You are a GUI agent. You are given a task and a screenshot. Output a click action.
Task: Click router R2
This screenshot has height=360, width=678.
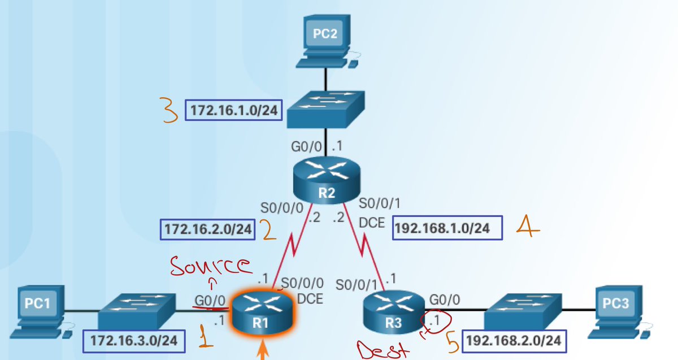pyautogui.click(x=327, y=180)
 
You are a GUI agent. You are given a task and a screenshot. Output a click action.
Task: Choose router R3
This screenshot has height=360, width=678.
pyautogui.click(x=392, y=313)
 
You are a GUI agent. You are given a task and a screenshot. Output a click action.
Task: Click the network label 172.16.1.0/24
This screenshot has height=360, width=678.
pyautogui.click(x=233, y=110)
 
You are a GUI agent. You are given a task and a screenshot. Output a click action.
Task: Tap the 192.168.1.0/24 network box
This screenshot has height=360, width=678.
pyautogui.click(x=442, y=229)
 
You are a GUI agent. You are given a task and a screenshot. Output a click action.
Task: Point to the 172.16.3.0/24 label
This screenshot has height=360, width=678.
pyautogui.click(x=134, y=341)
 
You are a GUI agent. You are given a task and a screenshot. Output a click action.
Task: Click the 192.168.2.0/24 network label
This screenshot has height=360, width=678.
pyautogui.click(x=513, y=341)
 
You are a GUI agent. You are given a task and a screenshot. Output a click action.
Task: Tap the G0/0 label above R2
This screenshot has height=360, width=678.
pyautogui.click(x=306, y=147)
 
